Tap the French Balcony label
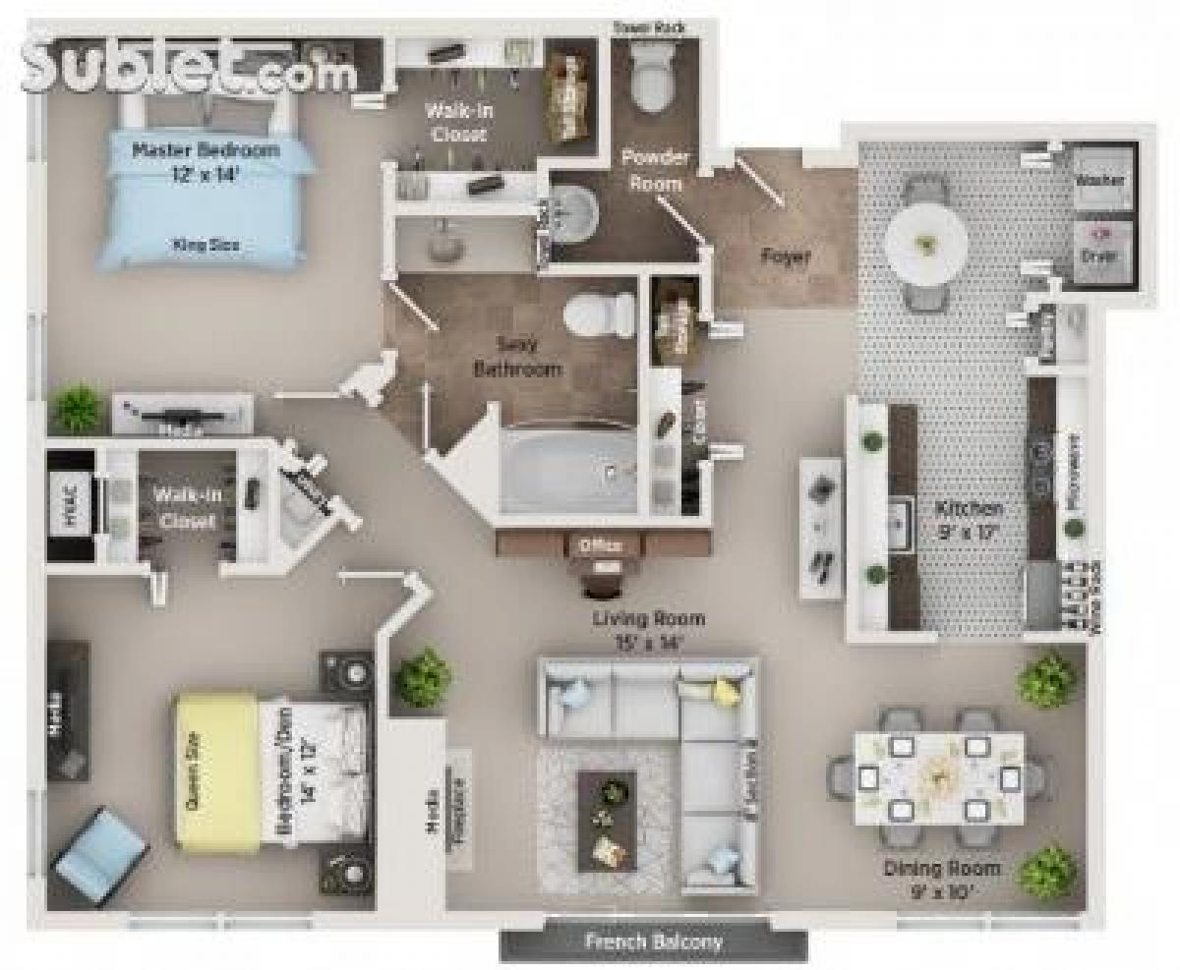(x=653, y=941)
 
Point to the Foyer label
(x=786, y=257)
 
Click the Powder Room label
(x=655, y=169)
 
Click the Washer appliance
(x=1100, y=180)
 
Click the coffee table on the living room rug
(x=607, y=819)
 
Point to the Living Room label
(x=649, y=630)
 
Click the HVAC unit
(x=70, y=506)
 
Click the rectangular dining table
(x=938, y=777)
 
